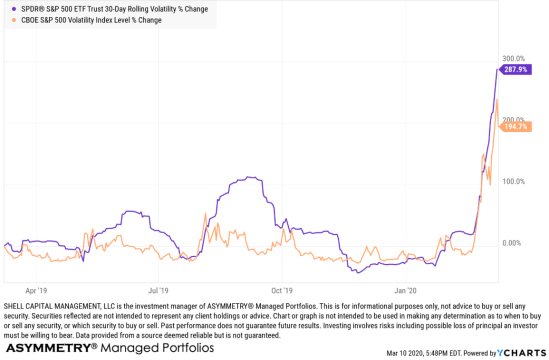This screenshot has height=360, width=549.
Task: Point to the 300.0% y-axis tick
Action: click(x=514, y=58)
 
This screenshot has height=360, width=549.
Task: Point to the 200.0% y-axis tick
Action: click(x=514, y=120)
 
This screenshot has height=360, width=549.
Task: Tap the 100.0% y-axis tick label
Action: click(x=514, y=181)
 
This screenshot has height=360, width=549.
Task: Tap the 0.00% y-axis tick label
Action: click(x=512, y=243)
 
